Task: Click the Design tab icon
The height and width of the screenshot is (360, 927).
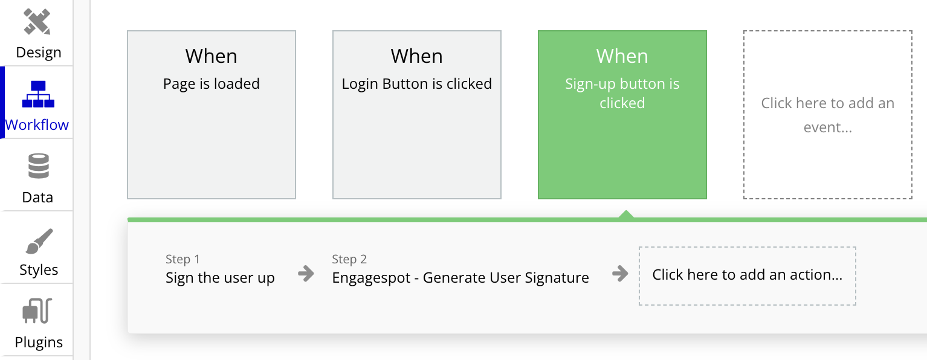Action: coord(37,22)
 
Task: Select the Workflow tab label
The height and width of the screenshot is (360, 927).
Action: coord(37,124)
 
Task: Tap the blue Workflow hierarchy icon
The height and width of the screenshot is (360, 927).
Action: coord(38,94)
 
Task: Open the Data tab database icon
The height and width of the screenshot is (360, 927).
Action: coord(39,166)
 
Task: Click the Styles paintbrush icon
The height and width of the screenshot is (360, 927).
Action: coord(39,241)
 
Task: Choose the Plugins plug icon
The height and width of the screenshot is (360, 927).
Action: coord(37,310)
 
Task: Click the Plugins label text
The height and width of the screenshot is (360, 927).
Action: coord(39,342)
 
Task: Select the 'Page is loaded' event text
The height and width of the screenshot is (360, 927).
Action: coord(211,83)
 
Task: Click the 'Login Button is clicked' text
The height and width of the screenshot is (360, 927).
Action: coord(417,83)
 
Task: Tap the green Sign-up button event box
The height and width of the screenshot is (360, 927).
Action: coord(622,115)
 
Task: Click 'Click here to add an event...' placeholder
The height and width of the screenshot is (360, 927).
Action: coord(828,115)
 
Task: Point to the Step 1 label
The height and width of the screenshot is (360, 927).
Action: coord(182,259)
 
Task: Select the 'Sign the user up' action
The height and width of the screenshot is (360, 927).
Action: coord(220,278)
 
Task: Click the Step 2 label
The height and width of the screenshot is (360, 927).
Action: coord(349,259)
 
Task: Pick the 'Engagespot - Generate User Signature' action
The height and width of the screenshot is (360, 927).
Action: coord(460,278)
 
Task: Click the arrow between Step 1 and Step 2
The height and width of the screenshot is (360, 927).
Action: coord(306,274)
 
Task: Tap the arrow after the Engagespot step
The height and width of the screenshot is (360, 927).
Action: coord(620,274)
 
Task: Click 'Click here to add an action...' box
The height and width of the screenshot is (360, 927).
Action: coord(748,276)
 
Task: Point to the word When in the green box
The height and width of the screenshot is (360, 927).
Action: coord(622,56)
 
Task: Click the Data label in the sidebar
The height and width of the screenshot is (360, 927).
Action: coord(37,198)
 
